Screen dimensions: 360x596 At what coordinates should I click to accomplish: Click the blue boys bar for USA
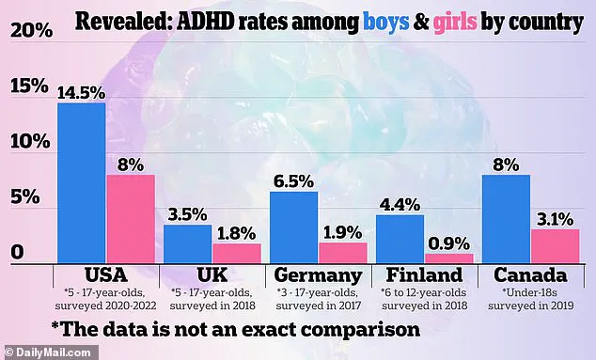(82, 183)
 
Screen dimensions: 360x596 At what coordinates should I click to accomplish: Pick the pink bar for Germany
(342, 252)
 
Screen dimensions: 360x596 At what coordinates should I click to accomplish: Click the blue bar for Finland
(400, 239)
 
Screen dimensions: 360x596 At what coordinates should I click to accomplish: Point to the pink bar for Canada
(555, 245)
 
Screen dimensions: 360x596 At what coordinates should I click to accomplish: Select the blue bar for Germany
(294, 227)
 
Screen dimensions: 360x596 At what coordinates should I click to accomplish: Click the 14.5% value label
(82, 91)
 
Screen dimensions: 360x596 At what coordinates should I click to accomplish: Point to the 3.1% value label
(555, 218)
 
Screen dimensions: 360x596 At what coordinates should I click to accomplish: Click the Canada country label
(530, 276)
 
